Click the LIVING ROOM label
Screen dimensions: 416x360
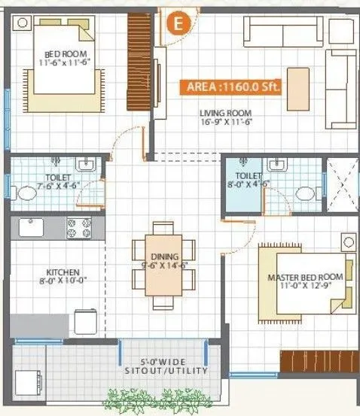pos(224,114)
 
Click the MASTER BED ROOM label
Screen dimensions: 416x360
pos(305,277)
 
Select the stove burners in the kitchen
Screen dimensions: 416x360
pos(79,224)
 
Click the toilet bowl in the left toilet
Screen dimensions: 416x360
pos(26,193)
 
